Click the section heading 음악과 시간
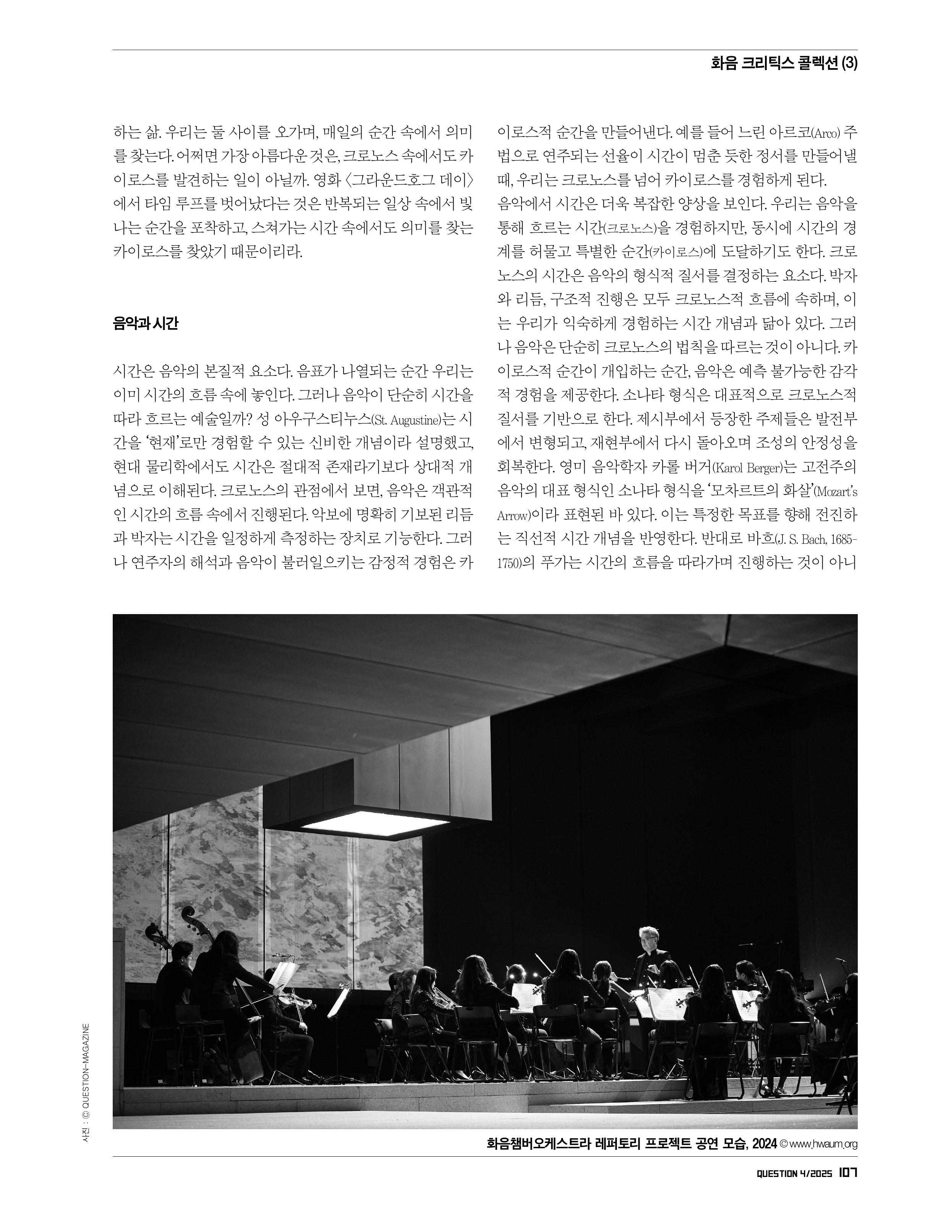click(145, 324)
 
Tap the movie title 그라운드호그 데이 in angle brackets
click(413, 180)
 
